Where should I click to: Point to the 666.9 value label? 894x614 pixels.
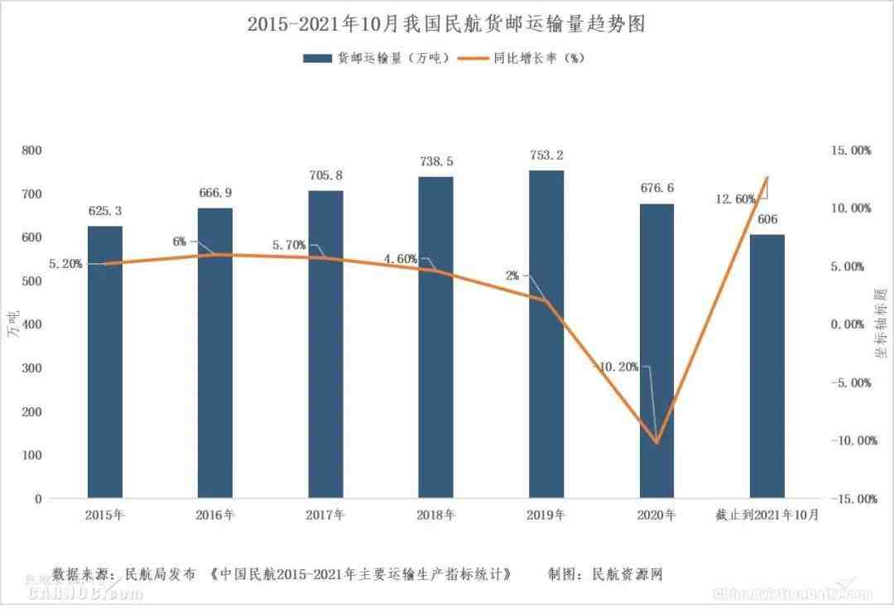click(215, 193)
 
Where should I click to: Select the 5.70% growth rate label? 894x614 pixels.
click(289, 245)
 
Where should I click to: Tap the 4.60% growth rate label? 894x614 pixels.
click(400, 259)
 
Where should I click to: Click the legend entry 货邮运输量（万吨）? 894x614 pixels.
click(377, 58)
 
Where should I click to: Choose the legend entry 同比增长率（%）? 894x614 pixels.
click(526, 58)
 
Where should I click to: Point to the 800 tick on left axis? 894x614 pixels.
click(32, 151)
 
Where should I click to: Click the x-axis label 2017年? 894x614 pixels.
click(325, 515)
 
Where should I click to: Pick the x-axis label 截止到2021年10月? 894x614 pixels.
click(767, 515)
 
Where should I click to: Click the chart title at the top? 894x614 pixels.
click(446, 24)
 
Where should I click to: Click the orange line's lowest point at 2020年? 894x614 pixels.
click(656, 443)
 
